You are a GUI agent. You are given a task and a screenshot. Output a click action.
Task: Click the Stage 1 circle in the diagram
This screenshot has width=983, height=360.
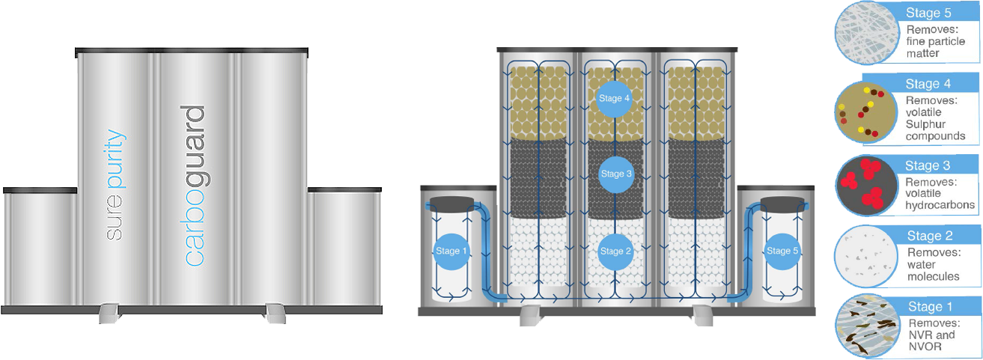(451, 251)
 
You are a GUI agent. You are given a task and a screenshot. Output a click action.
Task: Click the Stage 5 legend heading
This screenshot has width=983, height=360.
(928, 13)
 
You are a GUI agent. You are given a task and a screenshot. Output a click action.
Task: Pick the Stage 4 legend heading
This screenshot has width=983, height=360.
(928, 85)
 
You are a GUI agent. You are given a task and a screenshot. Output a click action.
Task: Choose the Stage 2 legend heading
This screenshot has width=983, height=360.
(929, 237)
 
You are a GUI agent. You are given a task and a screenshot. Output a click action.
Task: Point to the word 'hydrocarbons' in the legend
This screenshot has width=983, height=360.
(940, 205)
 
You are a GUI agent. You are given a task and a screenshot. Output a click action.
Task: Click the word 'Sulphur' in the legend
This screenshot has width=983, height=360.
(926, 124)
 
